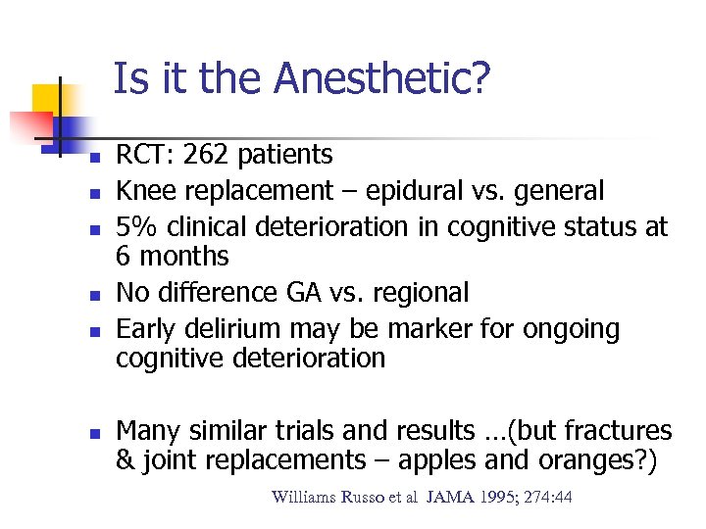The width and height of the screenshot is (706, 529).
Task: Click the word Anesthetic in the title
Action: click(x=381, y=79)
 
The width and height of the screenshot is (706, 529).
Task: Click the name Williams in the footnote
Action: click(x=304, y=498)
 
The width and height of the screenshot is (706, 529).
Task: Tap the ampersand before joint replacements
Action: click(x=125, y=460)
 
